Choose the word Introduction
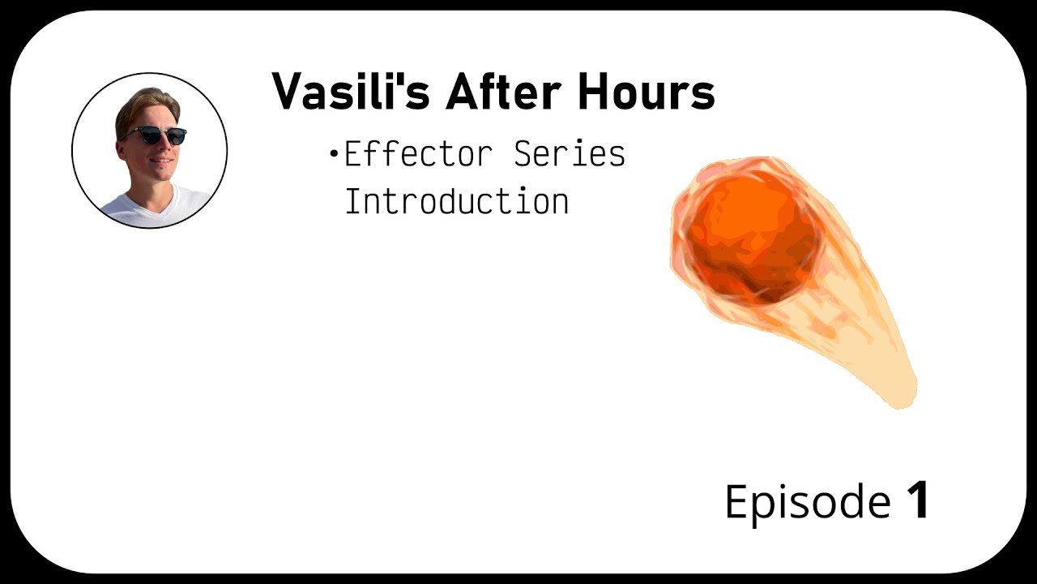(x=456, y=201)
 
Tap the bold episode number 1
(x=917, y=500)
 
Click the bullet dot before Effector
(x=333, y=153)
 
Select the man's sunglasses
(x=155, y=135)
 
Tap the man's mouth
(x=161, y=161)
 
